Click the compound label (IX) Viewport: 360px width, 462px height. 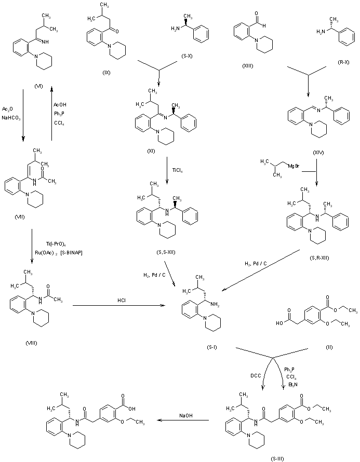click(108, 72)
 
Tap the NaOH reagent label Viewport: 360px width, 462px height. click(187, 415)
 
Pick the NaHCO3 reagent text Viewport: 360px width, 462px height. click(9, 118)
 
